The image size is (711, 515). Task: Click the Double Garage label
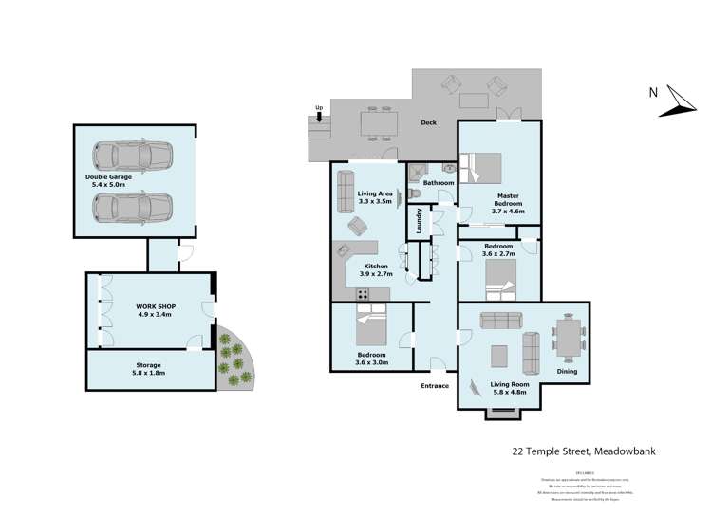point(107,180)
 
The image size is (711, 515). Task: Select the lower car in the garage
point(134,207)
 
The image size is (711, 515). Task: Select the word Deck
point(429,122)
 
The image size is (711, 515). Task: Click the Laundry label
point(419,222)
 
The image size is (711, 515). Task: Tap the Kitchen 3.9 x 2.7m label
point(375,271)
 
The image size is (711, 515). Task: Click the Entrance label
point(434,386)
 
